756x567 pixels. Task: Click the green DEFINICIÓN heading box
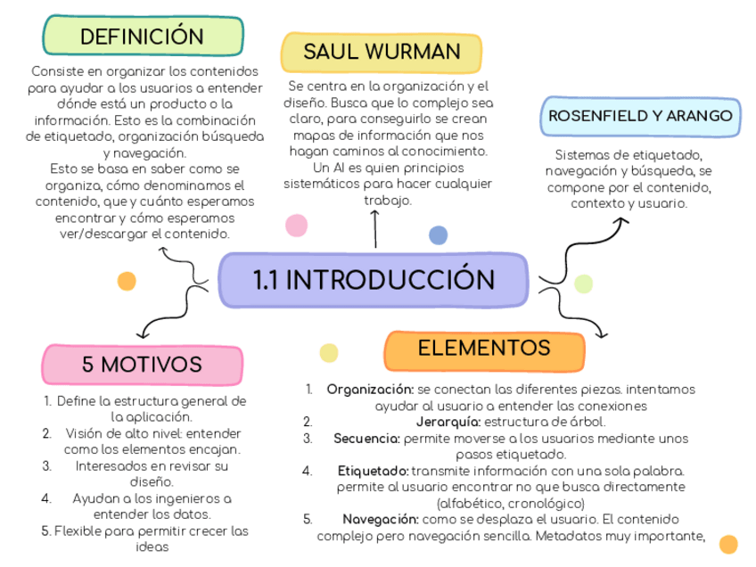tap(143, 37)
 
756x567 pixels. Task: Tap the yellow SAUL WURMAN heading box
tap(382, 52)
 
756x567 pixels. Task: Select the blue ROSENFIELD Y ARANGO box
tap(640, 117)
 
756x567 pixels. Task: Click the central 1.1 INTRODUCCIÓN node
tap(374, 280)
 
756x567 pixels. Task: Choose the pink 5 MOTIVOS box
tap(142, 365)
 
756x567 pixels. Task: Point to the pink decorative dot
tap(295, 225)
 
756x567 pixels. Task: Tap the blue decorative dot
tap(438, 235)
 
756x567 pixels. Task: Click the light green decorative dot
tap(583, 284)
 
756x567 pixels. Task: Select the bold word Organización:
tap(370, 390)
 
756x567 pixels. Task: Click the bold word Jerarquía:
tap(448, 422)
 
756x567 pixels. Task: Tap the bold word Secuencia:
tap(366, 439)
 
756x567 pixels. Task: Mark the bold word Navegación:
tap(380, 519)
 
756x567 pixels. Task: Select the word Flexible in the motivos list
tap(78, 531)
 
